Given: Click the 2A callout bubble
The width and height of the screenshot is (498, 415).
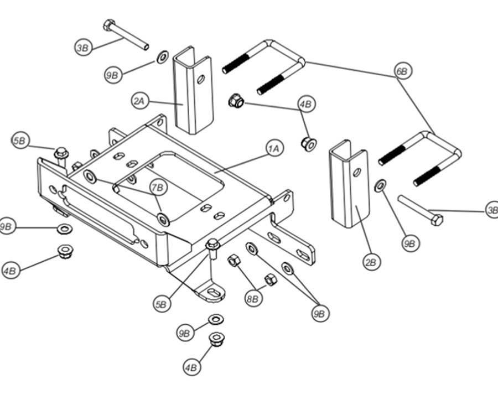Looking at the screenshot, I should point(139,101).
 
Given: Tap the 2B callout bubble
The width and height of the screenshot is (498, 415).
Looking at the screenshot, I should point(372,262).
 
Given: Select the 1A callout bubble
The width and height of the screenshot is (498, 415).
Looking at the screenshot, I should point(275,148).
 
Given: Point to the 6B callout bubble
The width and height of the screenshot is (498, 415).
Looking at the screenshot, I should point(403,71).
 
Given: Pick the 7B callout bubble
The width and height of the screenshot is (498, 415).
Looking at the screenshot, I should point(158,188).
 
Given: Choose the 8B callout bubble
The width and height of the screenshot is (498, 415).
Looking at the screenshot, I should point(252,299).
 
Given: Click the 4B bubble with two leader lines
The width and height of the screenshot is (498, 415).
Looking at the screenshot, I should point(306,103).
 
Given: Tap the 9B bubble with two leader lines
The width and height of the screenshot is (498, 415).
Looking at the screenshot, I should point(320,314).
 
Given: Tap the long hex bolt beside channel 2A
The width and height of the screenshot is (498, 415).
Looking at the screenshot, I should point(126,35).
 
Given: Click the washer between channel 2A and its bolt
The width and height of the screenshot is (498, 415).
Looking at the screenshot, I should point(162,56).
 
